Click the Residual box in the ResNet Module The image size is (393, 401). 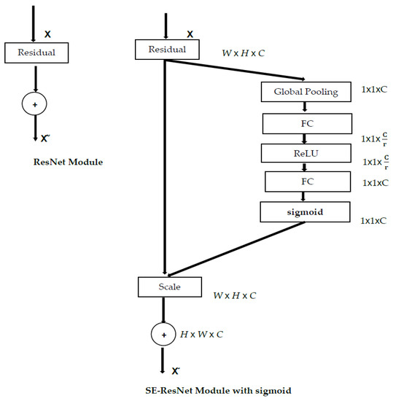[x=37, y=52]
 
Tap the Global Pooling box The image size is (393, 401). [x=306, y=91]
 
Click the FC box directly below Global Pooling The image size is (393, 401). [x=306, y=123]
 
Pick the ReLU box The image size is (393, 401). [x=306, y=153]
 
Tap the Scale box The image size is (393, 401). [x=168, y=287]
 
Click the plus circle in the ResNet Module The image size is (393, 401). [x=33, y=105]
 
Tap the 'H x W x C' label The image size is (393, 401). [x=203, y=333]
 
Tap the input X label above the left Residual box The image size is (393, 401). [x=48, y=34]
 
